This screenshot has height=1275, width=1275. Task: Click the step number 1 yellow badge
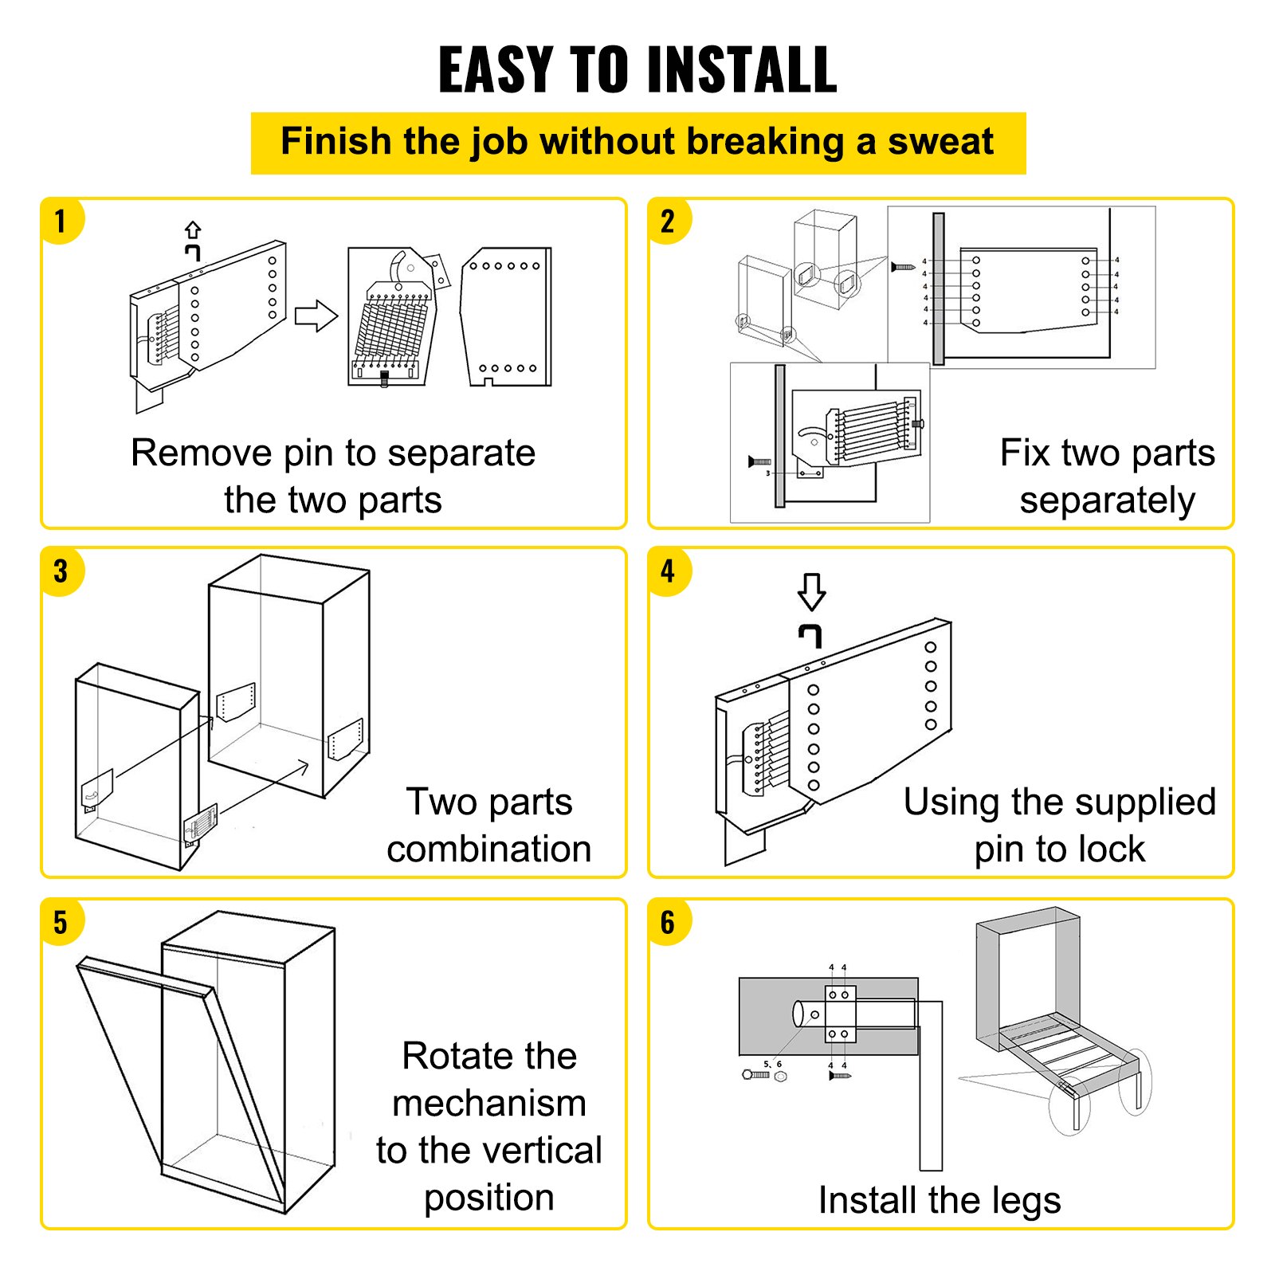[61, 221]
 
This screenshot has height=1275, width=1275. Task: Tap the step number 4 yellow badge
[668, 571]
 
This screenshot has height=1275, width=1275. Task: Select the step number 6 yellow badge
[668, 922]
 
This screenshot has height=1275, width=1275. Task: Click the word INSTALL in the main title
[742, 70]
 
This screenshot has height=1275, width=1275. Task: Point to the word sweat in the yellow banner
[940, 143]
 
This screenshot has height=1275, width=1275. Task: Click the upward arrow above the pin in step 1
[193, 229]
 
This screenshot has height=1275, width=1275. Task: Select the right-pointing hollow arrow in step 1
[316, 316]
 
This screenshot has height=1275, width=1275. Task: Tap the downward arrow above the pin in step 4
[811, 592]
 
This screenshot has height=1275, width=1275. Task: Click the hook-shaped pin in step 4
[810, 635]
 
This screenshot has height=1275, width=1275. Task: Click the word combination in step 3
[488, 849]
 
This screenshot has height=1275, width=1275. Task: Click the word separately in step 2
[1107, 501]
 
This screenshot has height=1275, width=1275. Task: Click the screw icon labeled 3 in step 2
[759, 461]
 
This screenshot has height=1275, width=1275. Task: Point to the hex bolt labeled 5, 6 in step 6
[755, 1075]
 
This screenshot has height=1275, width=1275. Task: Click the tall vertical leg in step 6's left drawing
[931, 1100]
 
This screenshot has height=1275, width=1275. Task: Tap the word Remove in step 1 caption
[201, 453]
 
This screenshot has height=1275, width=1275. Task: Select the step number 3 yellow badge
[61, 571]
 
